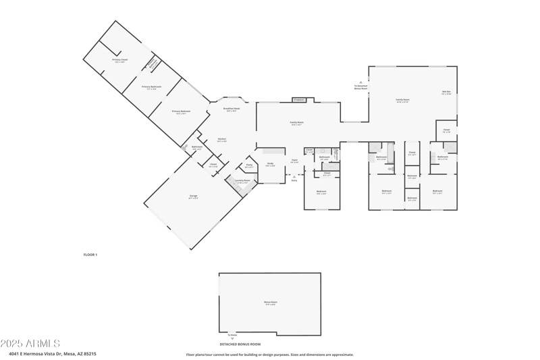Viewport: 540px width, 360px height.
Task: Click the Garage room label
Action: pos(193,197)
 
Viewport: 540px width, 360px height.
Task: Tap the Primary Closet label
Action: pos(120,61)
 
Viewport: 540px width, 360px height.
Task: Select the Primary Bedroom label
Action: pos(181,112)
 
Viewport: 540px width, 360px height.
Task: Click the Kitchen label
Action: pos(221,140)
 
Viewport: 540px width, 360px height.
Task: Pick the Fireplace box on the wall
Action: pos(299,100)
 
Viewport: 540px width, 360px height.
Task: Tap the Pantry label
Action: pos(249,165)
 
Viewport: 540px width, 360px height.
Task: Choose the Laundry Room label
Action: pos(242,181)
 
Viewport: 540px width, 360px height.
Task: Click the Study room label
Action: pos(270,164)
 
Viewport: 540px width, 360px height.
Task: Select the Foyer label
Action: pos(294,161)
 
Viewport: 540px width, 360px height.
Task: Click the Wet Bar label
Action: pos(446,93)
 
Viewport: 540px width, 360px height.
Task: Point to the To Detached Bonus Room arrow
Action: pos(360,86)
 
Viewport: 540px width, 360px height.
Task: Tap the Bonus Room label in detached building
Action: pos(271,303)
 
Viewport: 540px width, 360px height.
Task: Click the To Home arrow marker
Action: pos(232,334)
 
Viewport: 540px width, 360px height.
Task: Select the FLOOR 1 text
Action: pos(90,255)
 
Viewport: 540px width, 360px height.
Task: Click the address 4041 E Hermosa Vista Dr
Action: pos(53,353)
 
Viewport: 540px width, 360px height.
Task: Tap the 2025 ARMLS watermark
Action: pos(30,344)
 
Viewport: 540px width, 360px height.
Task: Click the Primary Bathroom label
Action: pos(152,87)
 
